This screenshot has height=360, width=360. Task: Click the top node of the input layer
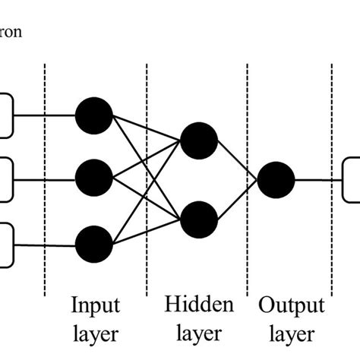pos(94,116)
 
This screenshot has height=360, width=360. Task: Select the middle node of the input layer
pos(94,179)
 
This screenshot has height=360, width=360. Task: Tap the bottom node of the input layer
pos(94,245)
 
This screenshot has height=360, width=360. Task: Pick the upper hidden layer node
pos(199,139)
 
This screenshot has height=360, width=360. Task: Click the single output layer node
pos(276,180)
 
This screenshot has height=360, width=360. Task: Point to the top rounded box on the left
pos(6,116)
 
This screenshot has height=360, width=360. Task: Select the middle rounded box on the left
pos(6,179)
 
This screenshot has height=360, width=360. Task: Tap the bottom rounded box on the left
pos(6,245)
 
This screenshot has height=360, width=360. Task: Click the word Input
pos(95,305)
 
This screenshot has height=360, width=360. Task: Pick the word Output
pos(292,305)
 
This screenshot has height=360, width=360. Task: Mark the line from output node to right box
pos(319,180)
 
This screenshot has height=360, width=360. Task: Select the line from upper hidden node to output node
pos(238,159)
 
